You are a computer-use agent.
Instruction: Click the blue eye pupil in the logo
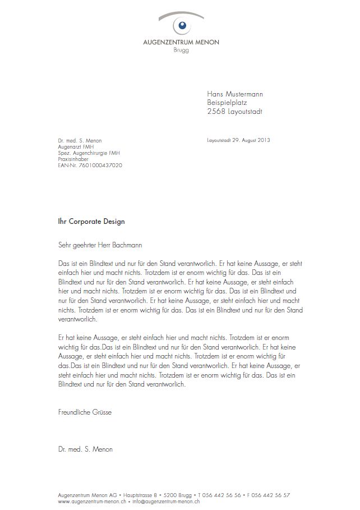point(181,25)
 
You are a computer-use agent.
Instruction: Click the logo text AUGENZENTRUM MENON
point(181,42)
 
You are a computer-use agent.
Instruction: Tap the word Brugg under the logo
point(181,50)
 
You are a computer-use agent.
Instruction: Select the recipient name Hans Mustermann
point(235,94)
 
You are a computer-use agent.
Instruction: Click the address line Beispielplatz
point(227,103)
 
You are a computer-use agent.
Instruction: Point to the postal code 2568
point(216,112)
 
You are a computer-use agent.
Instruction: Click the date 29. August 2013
point(251,140)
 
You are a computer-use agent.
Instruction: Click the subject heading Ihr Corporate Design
point(91,222)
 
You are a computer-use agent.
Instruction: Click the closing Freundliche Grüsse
point(85,412)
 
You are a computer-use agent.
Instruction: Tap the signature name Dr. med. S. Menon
point(85,449)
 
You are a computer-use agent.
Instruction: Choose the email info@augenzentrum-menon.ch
point(166,502)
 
